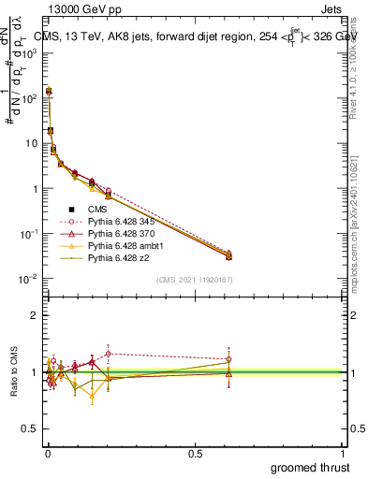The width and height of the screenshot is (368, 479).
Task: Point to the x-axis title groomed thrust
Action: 310,467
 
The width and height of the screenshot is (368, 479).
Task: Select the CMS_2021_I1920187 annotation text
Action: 194,280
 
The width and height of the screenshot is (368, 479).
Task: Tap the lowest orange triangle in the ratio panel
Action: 92,396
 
